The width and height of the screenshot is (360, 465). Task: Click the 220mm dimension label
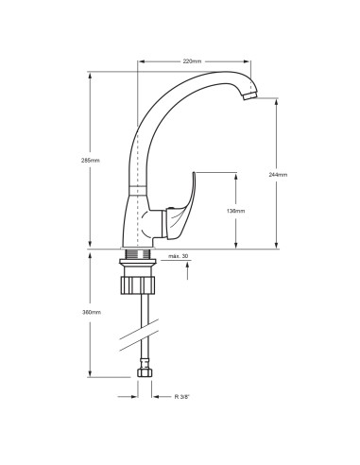pyautogui.click(x=192, y=60)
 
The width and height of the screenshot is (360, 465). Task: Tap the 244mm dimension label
pyautogui.click(x=281, y=175)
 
